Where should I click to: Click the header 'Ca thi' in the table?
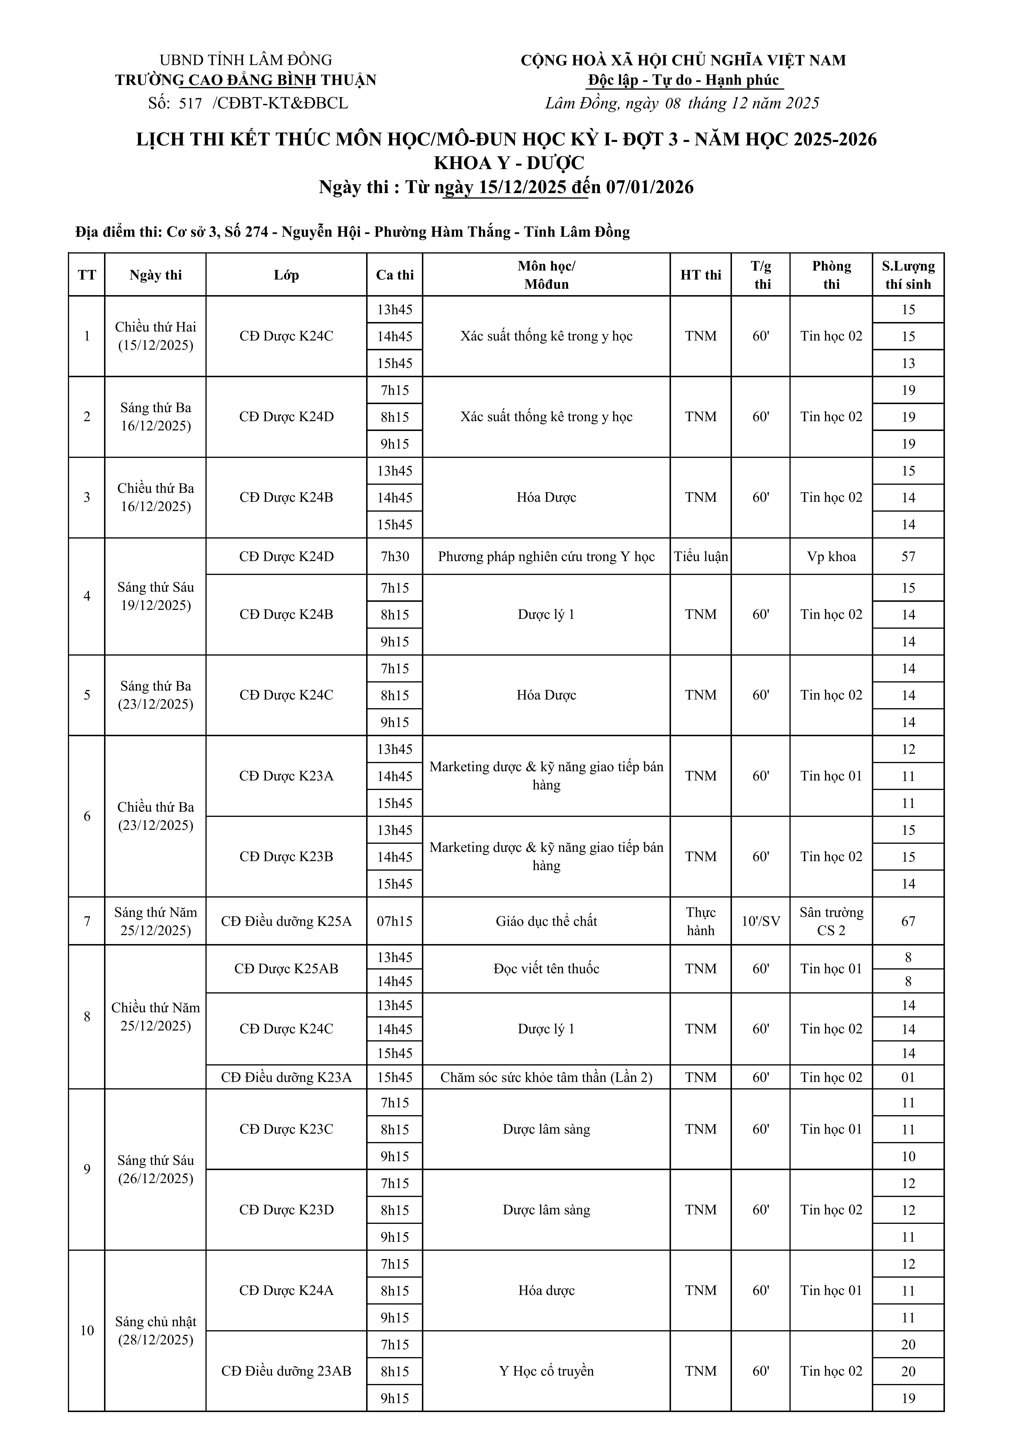coord(395,275)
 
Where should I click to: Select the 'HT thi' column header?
coord(700,275)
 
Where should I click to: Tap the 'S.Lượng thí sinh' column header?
coord(908,275)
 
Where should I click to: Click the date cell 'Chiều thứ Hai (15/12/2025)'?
coord(155,336)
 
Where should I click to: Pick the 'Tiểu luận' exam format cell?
coord(700,556)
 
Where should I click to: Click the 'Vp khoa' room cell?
coord(831,556)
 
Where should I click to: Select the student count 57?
coord(908,556)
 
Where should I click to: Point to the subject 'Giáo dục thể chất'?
coord(546,921)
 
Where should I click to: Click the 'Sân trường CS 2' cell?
coord(831,921)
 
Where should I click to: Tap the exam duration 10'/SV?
coord(761,921)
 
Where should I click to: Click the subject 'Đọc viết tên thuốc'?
coord(546,969)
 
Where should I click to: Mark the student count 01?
coord(908,1077)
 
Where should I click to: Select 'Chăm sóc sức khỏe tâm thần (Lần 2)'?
coord(546,1077)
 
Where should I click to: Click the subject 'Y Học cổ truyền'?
coord(546,1371)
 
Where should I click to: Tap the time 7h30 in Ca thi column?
coord(395,556)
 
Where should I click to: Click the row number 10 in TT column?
coord(87,1330)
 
